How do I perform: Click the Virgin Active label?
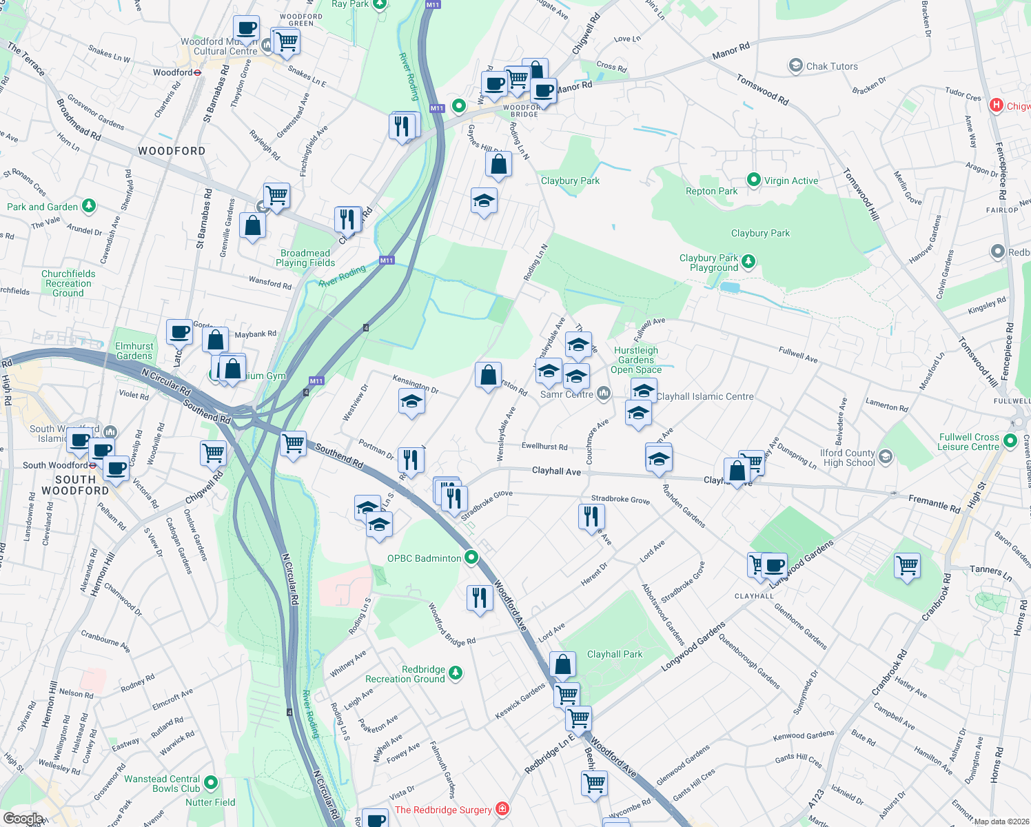pyautogui.click(x=790, y=181)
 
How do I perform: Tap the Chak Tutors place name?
pyautogui.click(x=832, y=66)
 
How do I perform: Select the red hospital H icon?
pyautogui.click(x=996, y=105)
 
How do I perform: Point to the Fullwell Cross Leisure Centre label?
pyautogui.click(x=968, y=442)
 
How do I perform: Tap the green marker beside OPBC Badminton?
pyautogui.click(x=471, y=558)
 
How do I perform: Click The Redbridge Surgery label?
pyautogui.click(x=443, y=810)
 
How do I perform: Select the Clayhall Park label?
pyautogui.click(x=614, y=654)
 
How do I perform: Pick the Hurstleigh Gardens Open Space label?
pyautogui.click(x=636, y=360)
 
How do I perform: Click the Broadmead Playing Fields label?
pyautogui.click(x=305, y=258)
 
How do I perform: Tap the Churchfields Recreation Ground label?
pyautogui.click(x=68, y=283)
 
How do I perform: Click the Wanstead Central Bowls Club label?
pyautogui.click(x=162, y=784)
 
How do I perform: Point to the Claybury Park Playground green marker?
pyautogui.click(x=748, y=261)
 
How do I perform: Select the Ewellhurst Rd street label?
pyautogui.click(x=544, y=447)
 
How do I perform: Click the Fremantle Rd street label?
pyautogui.click(x=934, y=503)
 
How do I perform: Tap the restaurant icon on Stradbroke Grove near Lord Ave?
pyautogui.click(x=591, y=515)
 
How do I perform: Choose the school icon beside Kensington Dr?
pyautogui.click(x=411, y=401)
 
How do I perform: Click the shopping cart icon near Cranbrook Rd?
pyautogui.click(x=907, y=566)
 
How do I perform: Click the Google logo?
pyautogui.click(x=23, y=818)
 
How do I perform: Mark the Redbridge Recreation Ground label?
pyautogui.click(x=405, y=674)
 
